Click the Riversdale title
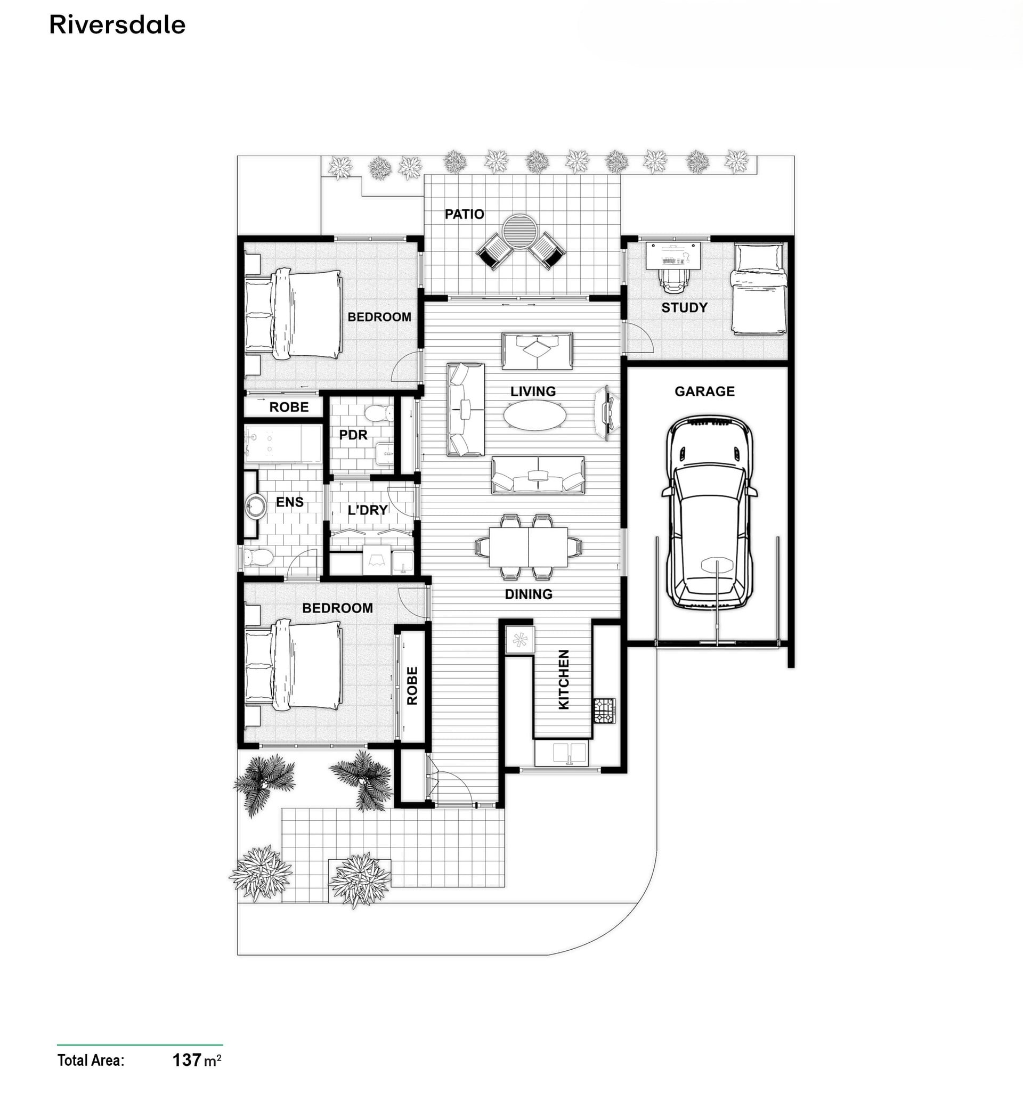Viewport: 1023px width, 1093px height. pyautogui.click(x=117, y=25)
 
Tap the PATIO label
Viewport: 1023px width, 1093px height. pyautogui.click(x=464, y=214)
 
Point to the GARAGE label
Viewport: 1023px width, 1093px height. pyautogui.click(x=704, y=391)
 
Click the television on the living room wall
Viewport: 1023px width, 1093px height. pyautogui.click(x=607, y=412)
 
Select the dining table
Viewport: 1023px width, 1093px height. pyautogui.click(x=529, y=547)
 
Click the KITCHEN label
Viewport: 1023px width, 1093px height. pyautogui.click(x=564, y=680)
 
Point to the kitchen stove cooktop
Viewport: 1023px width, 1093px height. pyautogui.click(x=604, y=711)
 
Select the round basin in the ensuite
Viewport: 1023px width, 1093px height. pyautogui.click(x=255, y=506)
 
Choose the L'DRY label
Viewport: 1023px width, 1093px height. pyautogui.click(x=368, y=510)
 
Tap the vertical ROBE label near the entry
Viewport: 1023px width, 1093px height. pyautogui.click(x=412, y=686)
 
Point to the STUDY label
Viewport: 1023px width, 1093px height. pyautogui.click(x=684, y=307)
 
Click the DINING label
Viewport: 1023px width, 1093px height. pyautogui.click(x=529, y=594)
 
